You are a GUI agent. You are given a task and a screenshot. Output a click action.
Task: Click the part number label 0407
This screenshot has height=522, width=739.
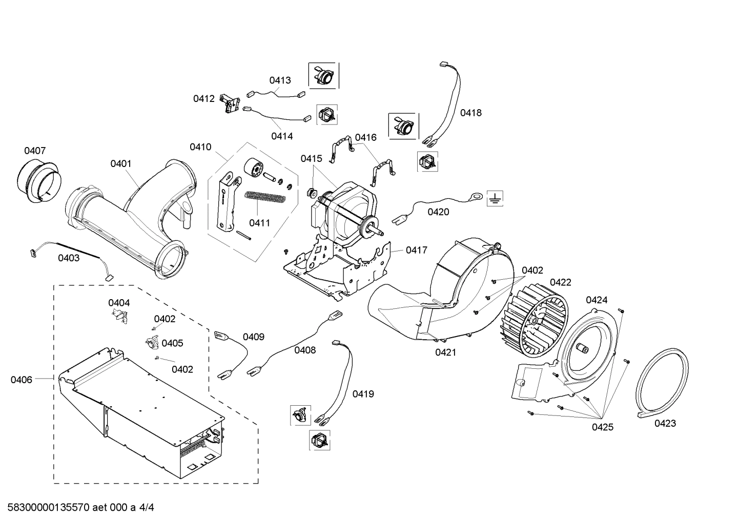pyautogui.click(x=35, y=151)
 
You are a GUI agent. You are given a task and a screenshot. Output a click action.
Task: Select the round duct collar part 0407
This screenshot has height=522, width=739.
pyautogui.click(x=39, y=182)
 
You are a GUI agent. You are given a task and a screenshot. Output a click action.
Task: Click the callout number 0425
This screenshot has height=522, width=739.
pyautogui.click(x=602, y=427)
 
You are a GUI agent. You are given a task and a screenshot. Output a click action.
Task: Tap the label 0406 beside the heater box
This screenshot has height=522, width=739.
pyautogui.click(x=21, y=380)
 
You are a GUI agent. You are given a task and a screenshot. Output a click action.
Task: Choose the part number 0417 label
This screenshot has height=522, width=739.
pyautogui.click(x=416, y=250)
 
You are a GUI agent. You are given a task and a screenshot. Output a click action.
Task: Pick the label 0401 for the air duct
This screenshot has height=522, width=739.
pyautogui.click(x=121, y=164)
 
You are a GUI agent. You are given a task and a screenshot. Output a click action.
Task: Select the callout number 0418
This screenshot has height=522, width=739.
pyautogui.click(x=470, y=113)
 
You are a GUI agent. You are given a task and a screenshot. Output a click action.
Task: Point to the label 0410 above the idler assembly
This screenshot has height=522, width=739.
pyautogui.click(x=200, y=147)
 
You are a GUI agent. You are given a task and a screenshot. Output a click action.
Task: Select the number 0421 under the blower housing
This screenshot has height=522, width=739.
pyautogui.click(x=445, y=352)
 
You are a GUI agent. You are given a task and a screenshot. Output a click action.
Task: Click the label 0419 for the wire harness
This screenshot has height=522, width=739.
pyautogui.click(x=363, y=394)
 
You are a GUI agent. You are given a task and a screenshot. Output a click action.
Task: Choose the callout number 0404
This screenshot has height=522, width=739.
pyautogui.click(x=119, y=303)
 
